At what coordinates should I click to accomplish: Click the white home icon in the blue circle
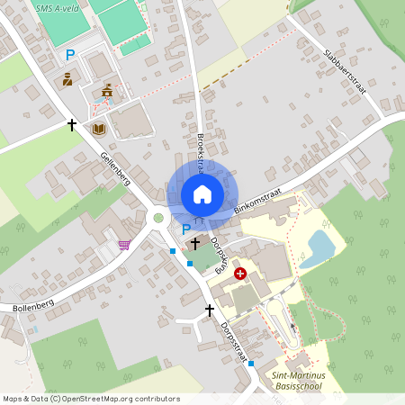[x=202, y=193]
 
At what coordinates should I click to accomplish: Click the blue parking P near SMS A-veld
[x=69, y=55]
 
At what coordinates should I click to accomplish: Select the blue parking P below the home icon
[x=186, y=229]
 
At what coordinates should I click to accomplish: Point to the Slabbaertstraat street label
[x=342, y=62]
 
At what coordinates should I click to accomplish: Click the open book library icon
[x=99, y=129]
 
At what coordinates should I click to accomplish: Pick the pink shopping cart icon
[x=123, y=245]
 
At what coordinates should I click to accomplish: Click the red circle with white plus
[x=239, y=273]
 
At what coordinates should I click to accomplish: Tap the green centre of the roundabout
[x=158, y=217]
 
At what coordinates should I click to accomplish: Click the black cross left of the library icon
[x=72, y=124]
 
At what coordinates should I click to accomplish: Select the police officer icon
[x=68, y=80]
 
